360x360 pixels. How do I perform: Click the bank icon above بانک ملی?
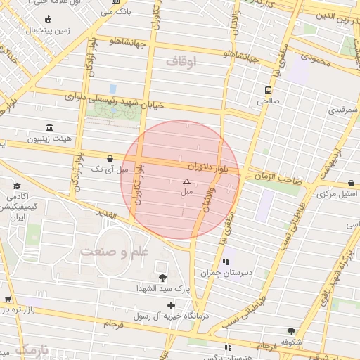point(115,1)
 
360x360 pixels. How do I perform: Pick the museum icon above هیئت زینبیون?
point(49,127)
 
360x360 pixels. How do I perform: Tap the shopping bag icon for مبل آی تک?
point(110,159)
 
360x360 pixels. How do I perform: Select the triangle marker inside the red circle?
point(186,181)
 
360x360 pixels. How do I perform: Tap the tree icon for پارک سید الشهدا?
point(163,277)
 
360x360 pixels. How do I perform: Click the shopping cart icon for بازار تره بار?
point(7,300)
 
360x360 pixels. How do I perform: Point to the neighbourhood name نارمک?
point(32,349)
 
